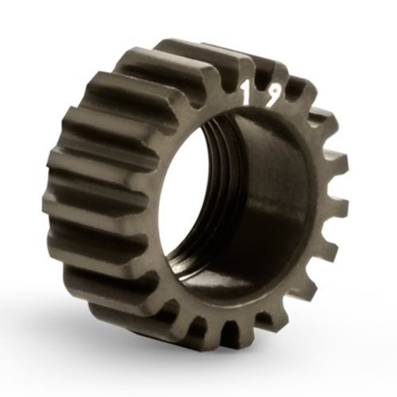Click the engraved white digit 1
click(246, 94)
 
